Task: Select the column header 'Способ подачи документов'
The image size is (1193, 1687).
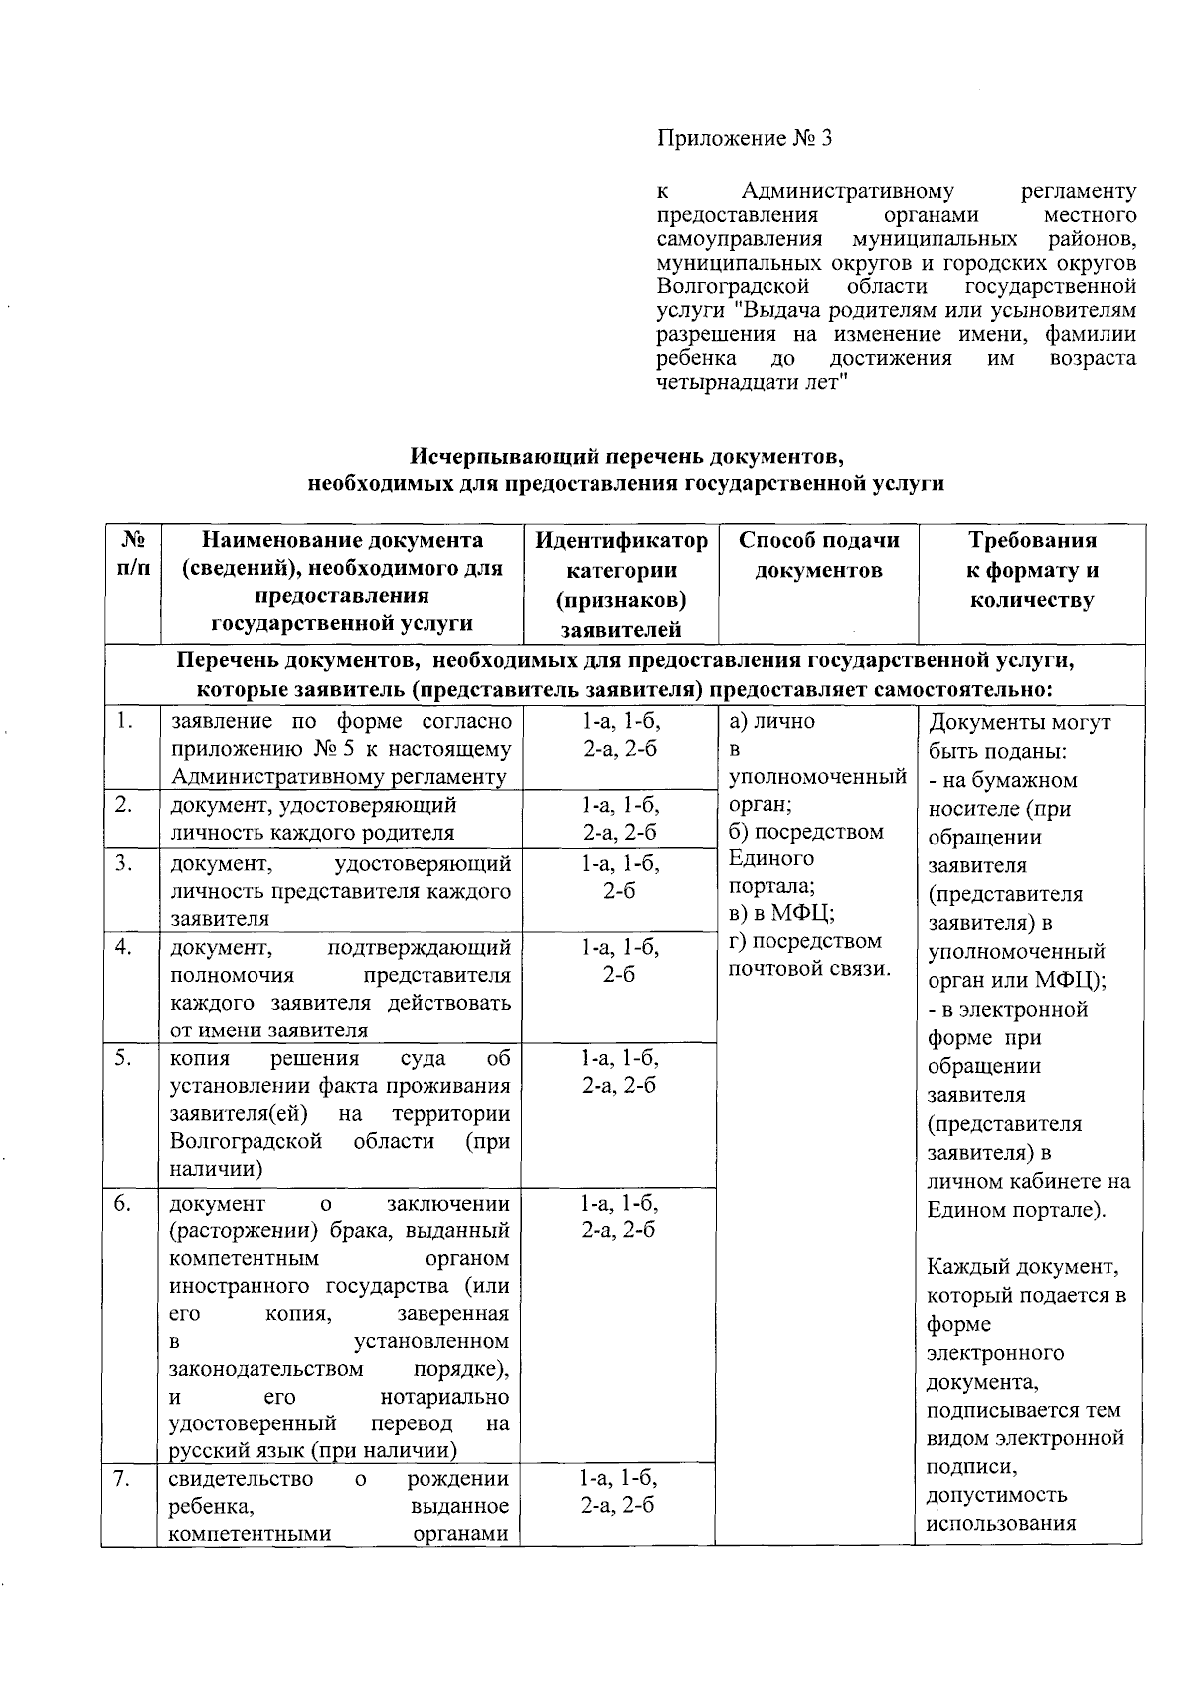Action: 818,555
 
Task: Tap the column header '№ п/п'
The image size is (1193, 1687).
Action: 133,555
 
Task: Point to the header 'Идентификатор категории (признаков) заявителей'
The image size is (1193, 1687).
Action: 620,584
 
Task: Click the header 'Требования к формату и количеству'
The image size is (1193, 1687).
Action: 1031,570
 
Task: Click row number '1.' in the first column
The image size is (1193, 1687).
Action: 124,720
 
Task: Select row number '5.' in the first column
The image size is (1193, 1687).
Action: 124,1058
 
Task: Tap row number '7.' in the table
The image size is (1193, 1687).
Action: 124,1479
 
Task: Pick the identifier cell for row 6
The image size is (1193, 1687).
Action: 620,1217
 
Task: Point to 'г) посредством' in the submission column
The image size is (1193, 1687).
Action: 805,941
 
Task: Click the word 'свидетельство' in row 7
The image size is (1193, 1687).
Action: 242,1479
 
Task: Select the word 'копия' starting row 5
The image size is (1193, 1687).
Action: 200,1058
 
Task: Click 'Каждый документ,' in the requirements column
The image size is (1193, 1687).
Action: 1023,1267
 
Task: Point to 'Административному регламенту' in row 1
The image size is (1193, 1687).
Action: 339,776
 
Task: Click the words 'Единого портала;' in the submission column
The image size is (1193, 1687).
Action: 771,872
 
